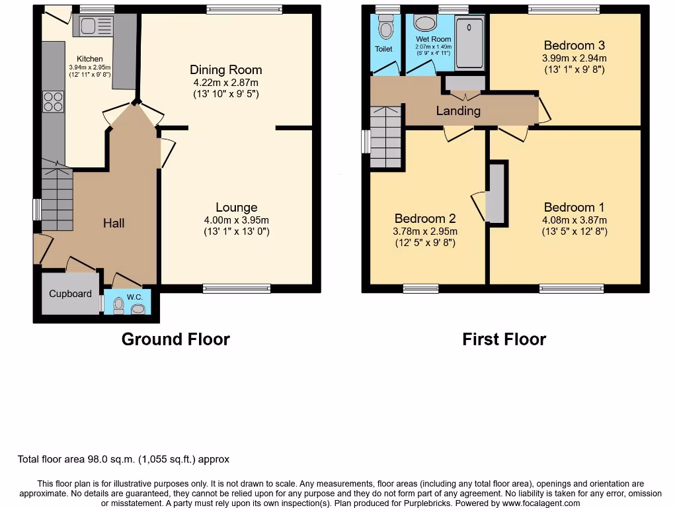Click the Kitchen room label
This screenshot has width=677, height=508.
pyautogui.click(x=89, y=59)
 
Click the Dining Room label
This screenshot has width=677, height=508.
pyautogui.click(x=225, y=69)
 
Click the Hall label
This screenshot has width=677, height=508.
pyautogui.click(x=114, y=224)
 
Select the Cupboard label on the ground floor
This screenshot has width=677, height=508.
pyautogui.click(x=70, y=293)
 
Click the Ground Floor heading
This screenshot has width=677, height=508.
pyautogui.click(x=175, y=339)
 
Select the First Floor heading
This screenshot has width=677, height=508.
pyautogui.click(x=504, y=339)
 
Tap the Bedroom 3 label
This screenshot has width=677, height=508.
pyautogui.click(x=574, y=46)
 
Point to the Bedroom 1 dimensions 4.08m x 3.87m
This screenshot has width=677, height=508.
pyautogui.click(x=574, y=220)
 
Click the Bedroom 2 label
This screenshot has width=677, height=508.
pyautogui.click(x=425, y=219)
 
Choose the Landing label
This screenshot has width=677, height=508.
pyautogui.click(x=458, y=110)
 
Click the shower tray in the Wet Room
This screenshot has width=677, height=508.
pyautogui.click(x=469, y=42)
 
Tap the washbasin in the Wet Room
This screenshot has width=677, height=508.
pyautogui.click(x=424, y=24)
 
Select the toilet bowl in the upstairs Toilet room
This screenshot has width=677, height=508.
pyautogui.click(x=385, y=29)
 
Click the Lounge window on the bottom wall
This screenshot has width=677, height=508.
pyautogui.click(x=236, y=288)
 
